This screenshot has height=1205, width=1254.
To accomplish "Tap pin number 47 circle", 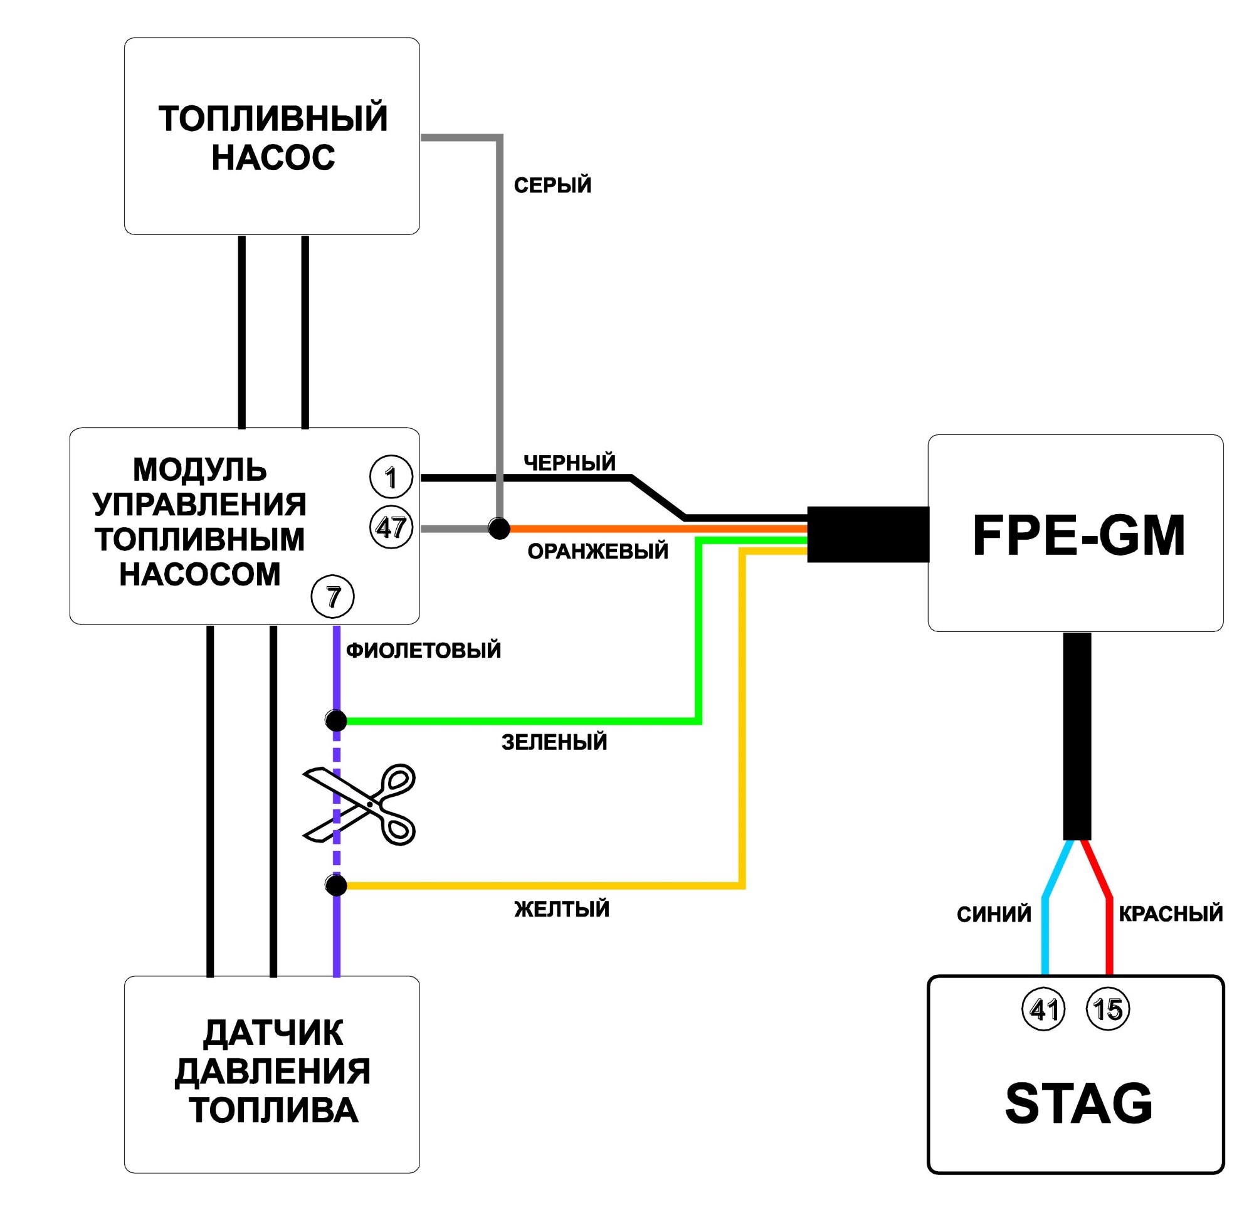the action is (391, 528).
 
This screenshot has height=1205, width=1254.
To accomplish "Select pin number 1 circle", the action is (391, 476).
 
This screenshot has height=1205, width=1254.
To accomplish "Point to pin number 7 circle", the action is (332, 597).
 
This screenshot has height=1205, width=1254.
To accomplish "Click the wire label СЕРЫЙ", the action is (553, 186).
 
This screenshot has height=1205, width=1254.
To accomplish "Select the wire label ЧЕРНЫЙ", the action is (569, 463).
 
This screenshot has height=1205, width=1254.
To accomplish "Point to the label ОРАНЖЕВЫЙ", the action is (598, 550).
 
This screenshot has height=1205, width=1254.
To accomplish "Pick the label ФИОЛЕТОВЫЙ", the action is (424, 651).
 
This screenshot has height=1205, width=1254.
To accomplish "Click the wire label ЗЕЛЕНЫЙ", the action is (554, 742).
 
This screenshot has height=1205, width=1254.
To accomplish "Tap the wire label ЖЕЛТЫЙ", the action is (562, 909).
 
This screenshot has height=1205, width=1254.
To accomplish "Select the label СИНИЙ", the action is (994, 915).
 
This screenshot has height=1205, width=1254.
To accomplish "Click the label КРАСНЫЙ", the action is (1171, 914).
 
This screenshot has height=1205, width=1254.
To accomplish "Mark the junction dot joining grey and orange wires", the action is (499, 529).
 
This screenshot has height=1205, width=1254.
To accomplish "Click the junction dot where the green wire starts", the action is (336, 721).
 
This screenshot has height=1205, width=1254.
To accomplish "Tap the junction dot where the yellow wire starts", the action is (336, 885).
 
